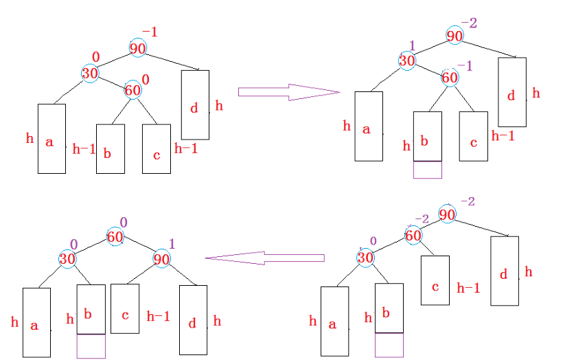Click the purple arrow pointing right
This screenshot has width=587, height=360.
(288, 92)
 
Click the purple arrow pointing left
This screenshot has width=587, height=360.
(264, 258)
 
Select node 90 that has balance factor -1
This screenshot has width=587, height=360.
(137, 47)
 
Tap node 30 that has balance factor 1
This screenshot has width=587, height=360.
(407, 60)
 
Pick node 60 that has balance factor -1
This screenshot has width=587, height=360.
(449, 78)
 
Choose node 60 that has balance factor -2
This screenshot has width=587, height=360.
(413, 236)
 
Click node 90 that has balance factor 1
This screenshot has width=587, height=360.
(161, 259)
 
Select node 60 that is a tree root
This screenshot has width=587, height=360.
(115, 237)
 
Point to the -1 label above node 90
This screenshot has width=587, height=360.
(149, 32)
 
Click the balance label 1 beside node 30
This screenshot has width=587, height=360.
(412, 45)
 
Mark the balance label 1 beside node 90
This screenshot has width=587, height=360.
(172, 244)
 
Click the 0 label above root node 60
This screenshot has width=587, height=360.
(124, 223)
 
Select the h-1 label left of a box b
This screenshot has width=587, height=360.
(84, 149)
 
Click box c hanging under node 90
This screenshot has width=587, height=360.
(125, 315)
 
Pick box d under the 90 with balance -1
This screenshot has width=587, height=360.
(195, 104)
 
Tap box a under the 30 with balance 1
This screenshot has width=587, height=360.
(368, 126)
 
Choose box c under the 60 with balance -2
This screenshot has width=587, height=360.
(435, 280)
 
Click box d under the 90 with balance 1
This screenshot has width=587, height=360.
(193, 319)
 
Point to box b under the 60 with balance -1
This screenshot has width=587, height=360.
(427, 137)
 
